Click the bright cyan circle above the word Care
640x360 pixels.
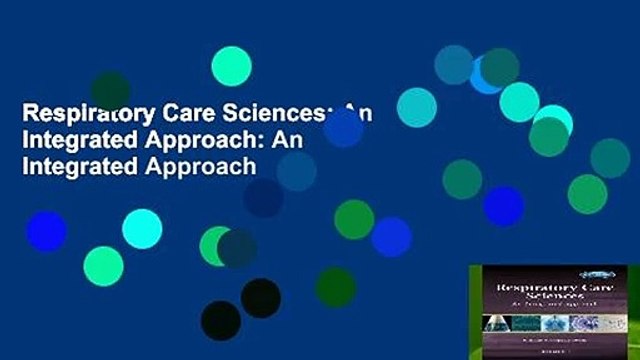pyautogui.click(x=231, y=65)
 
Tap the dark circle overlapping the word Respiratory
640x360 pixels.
pyautogui.click(x=110, y=90)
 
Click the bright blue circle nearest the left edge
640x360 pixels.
pyautogui.click(x=46, y=231)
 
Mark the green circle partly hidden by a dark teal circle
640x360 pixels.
pyautogui.click(x=216, y=245)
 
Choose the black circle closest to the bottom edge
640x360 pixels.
pyautogui.click(x=221, y=321)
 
